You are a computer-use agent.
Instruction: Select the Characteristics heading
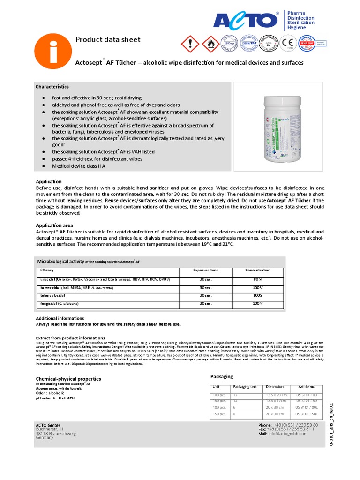[x=52, y=87]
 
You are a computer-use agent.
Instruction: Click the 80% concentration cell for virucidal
[x=257, y=279]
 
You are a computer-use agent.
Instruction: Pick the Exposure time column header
[x=205, y=270]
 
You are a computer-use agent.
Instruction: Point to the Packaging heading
[x=221, y=376]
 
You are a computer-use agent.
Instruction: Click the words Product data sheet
[x=108, y=40]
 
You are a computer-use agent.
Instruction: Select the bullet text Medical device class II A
[x=79, y=166]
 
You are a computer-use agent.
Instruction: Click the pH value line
[x=55, y=397]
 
